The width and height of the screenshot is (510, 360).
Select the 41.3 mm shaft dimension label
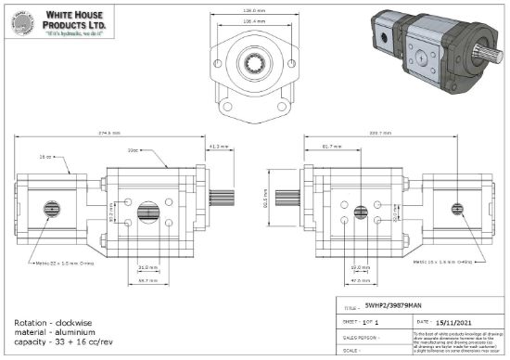coord(219,147)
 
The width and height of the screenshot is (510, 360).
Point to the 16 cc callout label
coord(45,157)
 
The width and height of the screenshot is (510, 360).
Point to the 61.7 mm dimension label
coord(333,147)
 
